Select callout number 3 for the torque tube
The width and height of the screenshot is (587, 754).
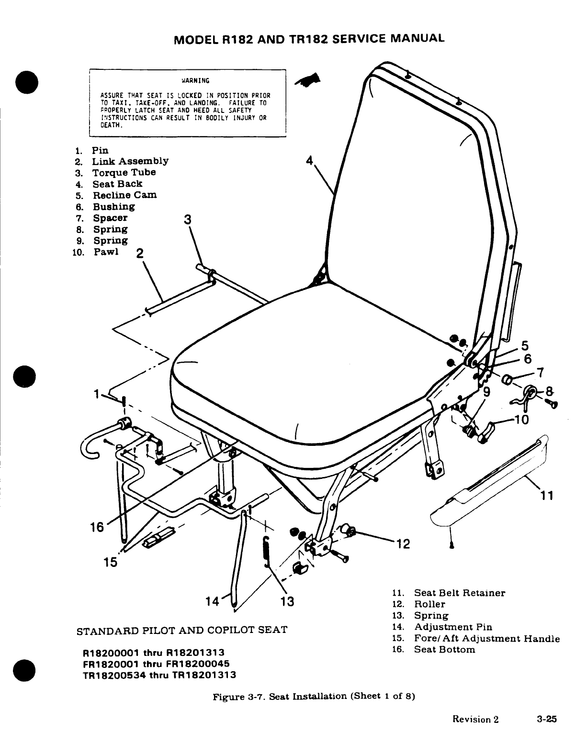pyautogui.click(x=188, y=220)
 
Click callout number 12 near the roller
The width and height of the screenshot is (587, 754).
pyautogui.click(x=404, y=544)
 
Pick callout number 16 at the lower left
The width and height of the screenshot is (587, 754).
pyautogui.click(x=97, y=527)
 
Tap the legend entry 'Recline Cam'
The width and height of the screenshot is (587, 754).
pyautogui.click(x=124, y=195)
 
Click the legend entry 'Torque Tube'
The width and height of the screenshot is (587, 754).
pyautogui.click(x=124, y=172)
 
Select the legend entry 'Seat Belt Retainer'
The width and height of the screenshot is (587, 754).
pyautogui.click(x=459, y=593)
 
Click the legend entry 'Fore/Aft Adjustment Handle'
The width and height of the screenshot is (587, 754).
pyautogui.click(x=486, y=638)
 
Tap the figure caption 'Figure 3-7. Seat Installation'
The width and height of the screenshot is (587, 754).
pyautogui.click(x=313, y=697)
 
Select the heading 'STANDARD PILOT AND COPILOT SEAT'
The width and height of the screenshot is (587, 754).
pyautogui.click(x=182, y=629)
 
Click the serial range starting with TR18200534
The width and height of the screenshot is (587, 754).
pyautogui.click(x=159, y=676)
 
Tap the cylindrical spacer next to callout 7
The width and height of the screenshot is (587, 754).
pyautogui.click(x=506, y=381)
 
